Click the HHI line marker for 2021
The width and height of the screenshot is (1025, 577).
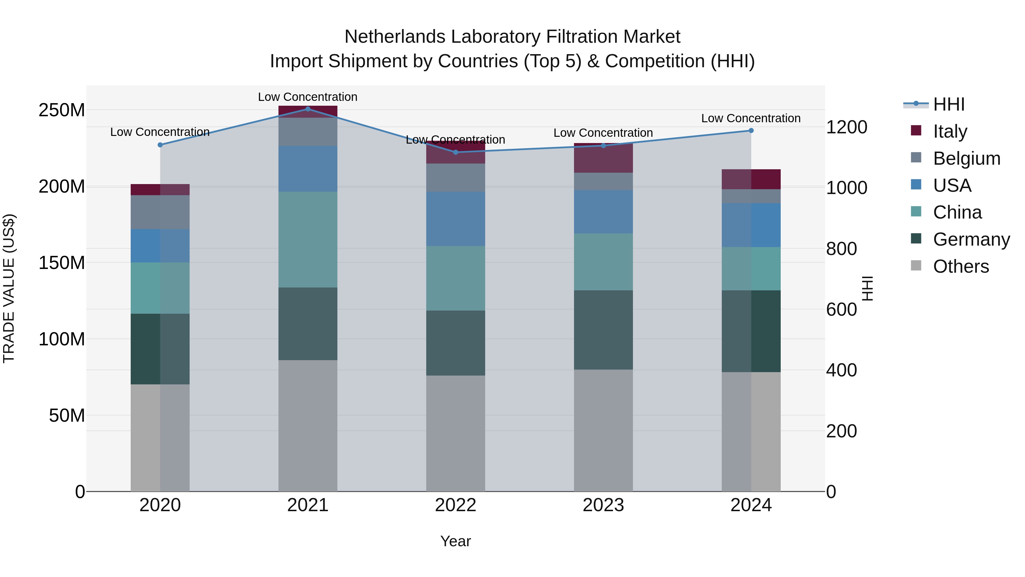[x=307, y=109]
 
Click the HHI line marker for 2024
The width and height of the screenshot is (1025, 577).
[x=751, y=131]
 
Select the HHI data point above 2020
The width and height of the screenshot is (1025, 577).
[x=160, y=145]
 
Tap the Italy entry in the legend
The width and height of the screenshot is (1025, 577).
[x=950, y=131]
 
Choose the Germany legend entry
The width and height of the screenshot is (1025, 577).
[x=971, y=239]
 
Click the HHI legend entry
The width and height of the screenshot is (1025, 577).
[x=949, y=104]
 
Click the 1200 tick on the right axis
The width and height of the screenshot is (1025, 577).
[x=847, y=127]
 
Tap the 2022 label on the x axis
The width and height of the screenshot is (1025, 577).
[x=455, y=505]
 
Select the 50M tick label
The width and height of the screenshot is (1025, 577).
[x=67, y=416]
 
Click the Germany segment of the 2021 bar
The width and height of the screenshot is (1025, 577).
[x=307, y=324]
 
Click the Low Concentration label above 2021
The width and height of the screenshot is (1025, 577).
[x=307, y=97]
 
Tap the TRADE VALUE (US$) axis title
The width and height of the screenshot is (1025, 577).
[x=9, y=288]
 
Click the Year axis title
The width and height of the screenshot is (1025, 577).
[x=455, y=541]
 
